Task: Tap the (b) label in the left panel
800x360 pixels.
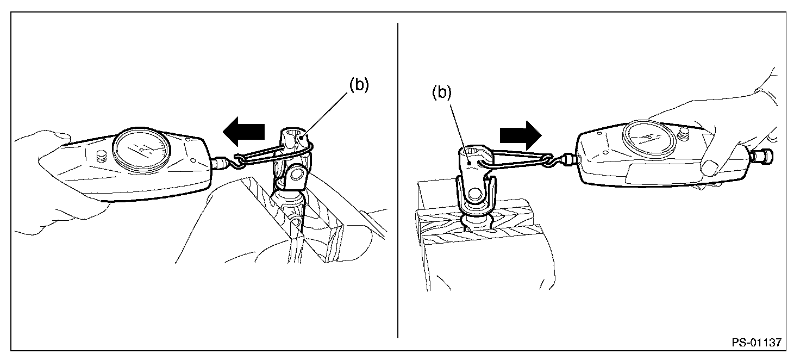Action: point(358,86)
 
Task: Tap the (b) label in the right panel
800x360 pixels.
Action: point(442,93)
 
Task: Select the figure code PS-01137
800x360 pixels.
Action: point(756,343)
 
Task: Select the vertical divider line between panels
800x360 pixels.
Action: point(398,179)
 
